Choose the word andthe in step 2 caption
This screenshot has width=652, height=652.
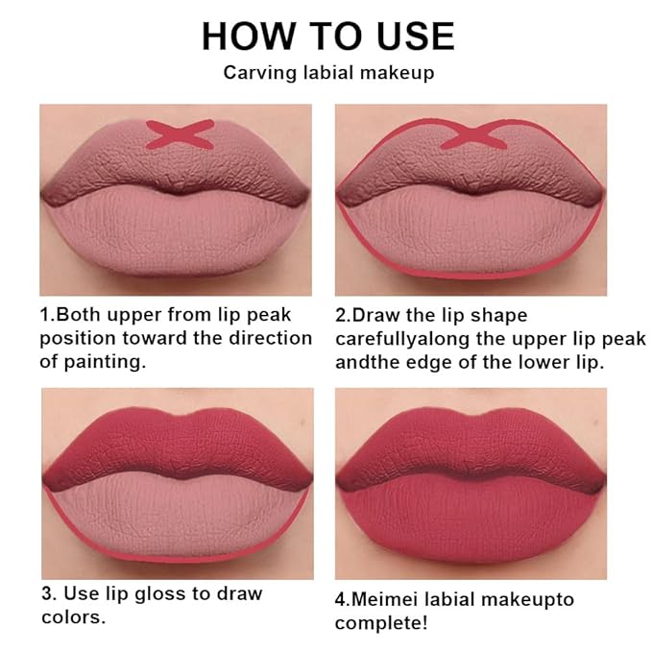click(364, 363)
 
